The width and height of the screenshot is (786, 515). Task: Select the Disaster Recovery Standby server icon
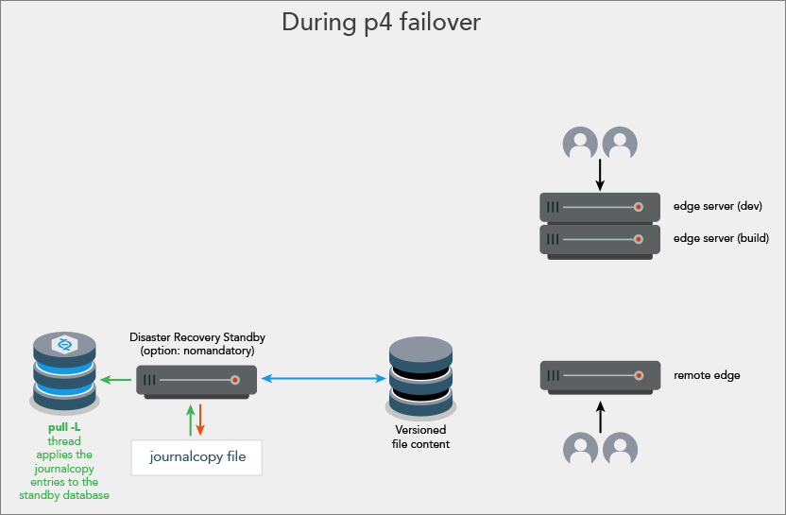(200, 381)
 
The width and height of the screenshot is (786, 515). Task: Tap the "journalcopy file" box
(197, 456)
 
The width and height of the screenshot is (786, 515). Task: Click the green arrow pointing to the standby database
(117, 380)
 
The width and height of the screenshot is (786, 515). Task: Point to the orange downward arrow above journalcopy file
(201, 420)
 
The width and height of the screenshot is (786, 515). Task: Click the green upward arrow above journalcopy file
(191, 420)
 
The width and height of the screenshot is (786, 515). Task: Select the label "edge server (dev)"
(717, 206)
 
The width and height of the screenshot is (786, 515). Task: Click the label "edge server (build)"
(721, 238)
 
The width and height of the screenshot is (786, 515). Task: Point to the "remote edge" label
(707, 375)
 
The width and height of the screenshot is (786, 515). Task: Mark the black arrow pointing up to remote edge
(599, 416)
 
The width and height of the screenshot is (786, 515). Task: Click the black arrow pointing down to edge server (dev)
(599, 175)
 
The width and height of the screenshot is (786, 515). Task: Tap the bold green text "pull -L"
(64, 428)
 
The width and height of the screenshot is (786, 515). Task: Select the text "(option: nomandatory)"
(197, 351)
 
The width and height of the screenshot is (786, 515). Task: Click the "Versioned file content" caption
(420, 437)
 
